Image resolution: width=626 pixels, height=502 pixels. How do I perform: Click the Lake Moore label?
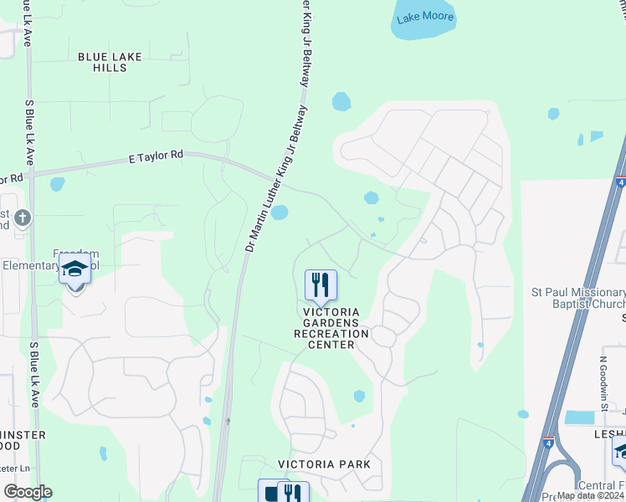425,17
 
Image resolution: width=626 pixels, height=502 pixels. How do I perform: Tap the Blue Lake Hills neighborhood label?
110,62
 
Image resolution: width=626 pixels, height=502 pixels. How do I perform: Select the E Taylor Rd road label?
156,156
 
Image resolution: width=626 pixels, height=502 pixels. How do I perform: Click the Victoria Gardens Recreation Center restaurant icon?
321,285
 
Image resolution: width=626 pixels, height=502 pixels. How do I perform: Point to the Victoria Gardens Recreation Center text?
331,328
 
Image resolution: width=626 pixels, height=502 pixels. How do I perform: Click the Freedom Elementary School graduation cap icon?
75,269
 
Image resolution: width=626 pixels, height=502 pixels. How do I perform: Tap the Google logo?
28,492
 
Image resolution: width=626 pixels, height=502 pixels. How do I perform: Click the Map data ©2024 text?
589,495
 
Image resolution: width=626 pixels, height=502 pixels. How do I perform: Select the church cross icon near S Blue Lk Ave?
23,218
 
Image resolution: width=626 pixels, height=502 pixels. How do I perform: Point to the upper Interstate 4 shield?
620,181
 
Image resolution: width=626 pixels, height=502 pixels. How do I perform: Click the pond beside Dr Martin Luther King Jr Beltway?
280,213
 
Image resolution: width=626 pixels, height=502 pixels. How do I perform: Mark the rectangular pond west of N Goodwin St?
579,417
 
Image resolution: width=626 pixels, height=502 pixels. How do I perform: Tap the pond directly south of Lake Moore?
341,102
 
